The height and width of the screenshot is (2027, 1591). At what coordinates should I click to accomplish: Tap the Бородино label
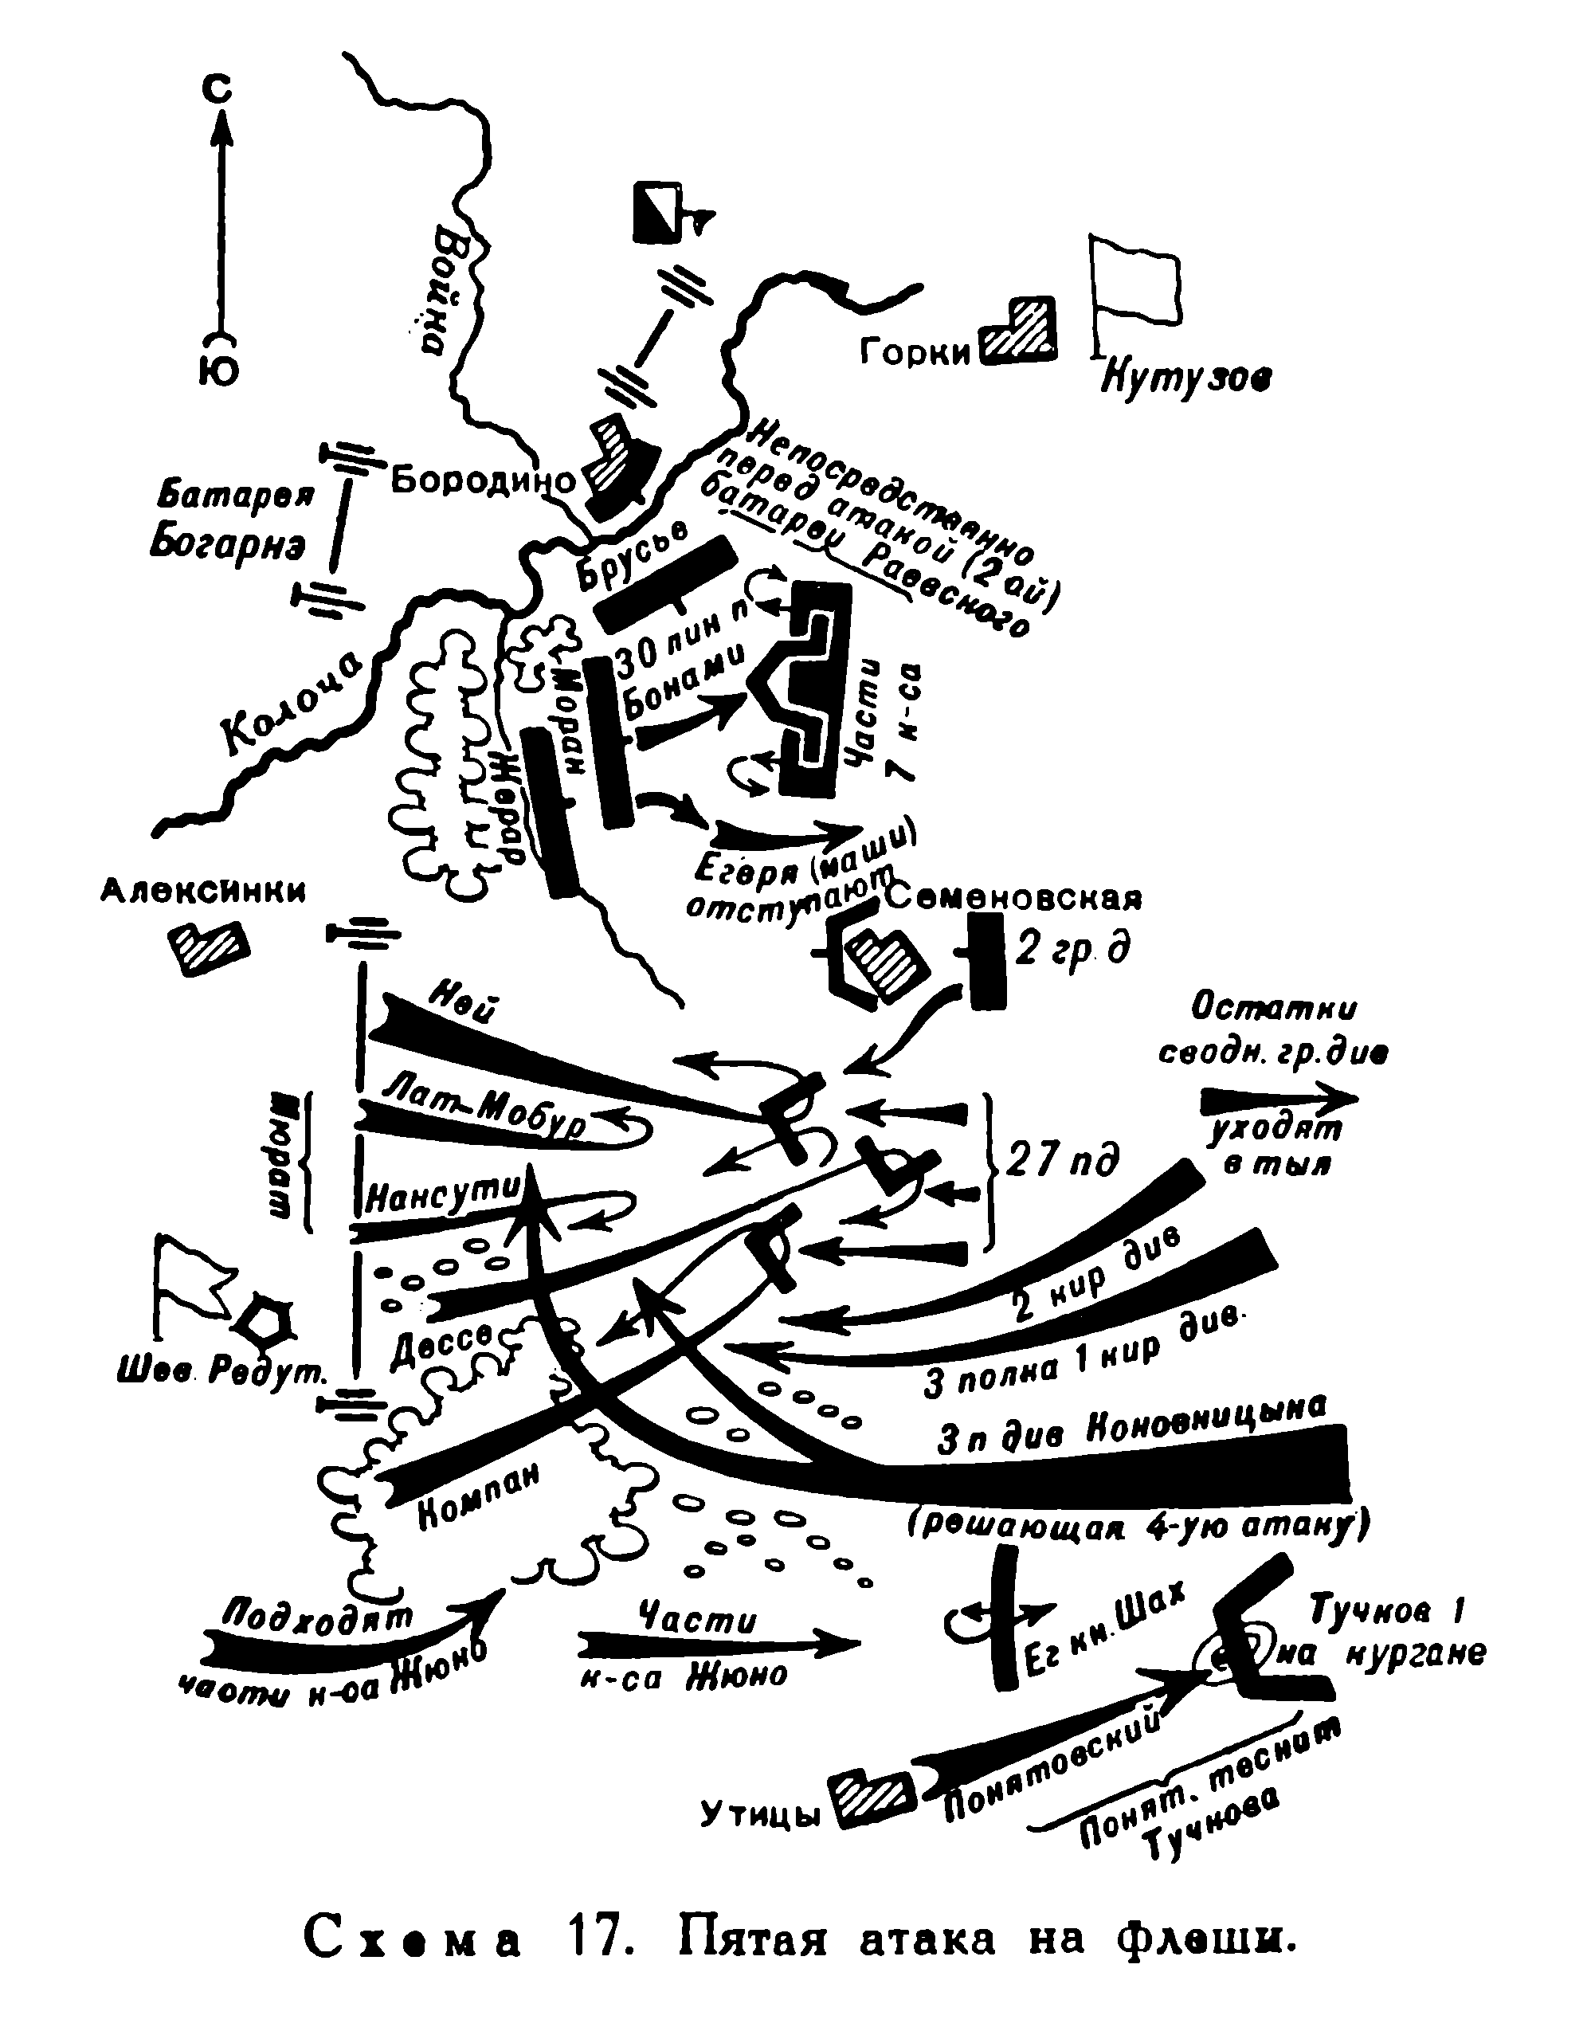pyautogui.click(x=483, y=480)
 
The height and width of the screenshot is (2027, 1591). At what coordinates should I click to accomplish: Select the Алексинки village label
pyautogui.click(x=203, y=892)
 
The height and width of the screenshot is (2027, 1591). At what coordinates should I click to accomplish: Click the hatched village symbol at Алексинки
pyautogui.click(x=209, y=948)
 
